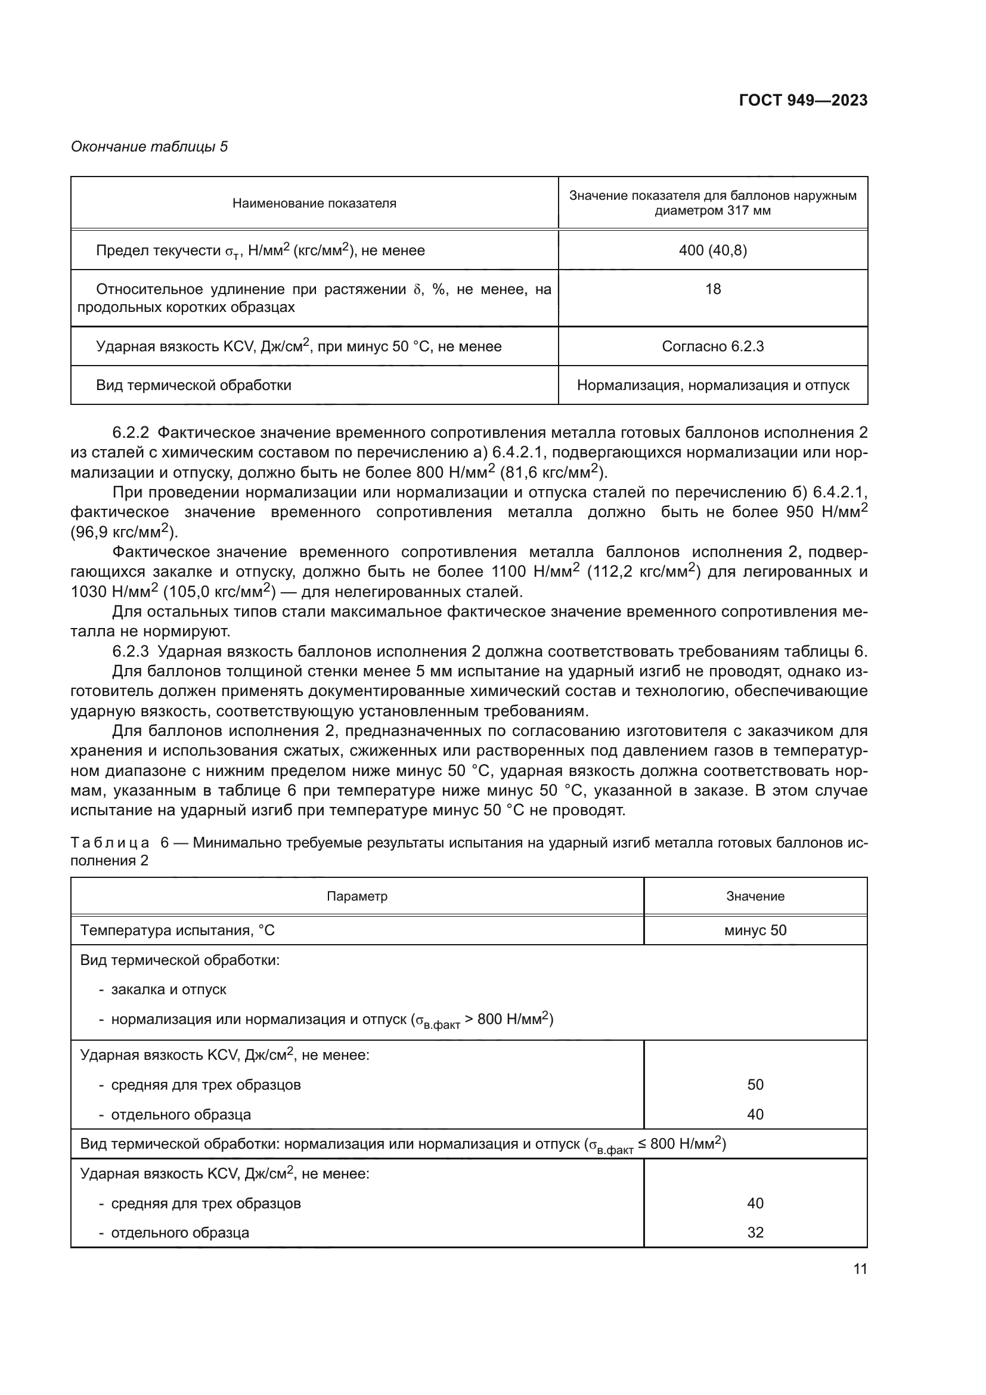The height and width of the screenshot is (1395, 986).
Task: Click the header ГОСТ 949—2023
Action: pyautogui.click(x=802, y=101)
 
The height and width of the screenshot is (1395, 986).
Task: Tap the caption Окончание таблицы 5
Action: pyautogui.click(x=150, y=147)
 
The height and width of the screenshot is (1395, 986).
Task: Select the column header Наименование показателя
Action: pyautogui.click(x=314, y=203)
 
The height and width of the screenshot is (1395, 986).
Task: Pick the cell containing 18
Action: pyautogui.click(x=713, y=289)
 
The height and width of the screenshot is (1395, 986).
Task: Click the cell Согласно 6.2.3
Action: pyautogui.click(x=713, y=347)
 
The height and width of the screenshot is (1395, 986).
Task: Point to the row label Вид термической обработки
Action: pyautogui.click(x=193, y=385)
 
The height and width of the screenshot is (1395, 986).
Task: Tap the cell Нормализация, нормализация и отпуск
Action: pyautogui.click(x=713, y=385)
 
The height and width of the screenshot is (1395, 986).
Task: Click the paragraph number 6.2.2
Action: pyautogui.click(x=131, y=432)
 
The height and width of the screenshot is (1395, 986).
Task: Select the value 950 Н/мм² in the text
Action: pyautogui.click(x=826, y=512)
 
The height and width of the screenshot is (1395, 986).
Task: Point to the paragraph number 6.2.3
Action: pyautogui.click(x=131, y=651)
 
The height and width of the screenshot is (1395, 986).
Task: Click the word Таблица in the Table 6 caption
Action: pyautogui.click(x=110, y=843)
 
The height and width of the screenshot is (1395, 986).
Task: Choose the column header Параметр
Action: pyautogui.click(x=357, y=896)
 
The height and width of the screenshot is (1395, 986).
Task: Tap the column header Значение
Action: pyautogui.click(x=755, y=896)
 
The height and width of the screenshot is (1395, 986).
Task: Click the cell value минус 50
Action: pyautogui.click(x=755, y=930)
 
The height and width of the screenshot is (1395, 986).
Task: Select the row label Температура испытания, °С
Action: pyautogui.click(x=177, y=930)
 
